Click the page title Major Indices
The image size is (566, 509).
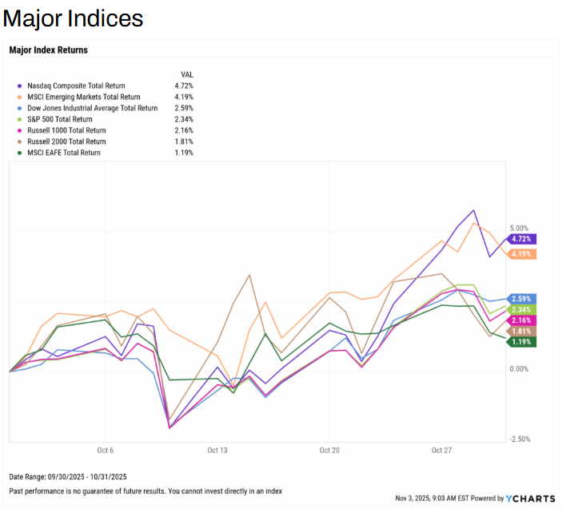pyautogui.click(x=73, y=18)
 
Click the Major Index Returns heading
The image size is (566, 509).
pyautogui.click(x=48, y=50)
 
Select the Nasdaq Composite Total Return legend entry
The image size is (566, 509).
pyautogui.click(x=75, y=85)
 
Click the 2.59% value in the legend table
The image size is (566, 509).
pyautogui.click(x=183, y=108)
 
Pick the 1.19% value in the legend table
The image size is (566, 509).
pyautogui.click(x=183, y=153)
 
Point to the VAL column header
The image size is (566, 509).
pyautogui.click(x=187, y=74)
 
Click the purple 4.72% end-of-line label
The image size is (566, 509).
pyautogui.click(x=520, y=239)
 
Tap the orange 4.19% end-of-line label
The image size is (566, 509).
pyautogui.click(x=520, y=254)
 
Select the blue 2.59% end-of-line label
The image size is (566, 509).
pyautogui.click(x=520, y=299)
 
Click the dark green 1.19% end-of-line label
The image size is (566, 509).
pyautogui.click(x=520, y=342)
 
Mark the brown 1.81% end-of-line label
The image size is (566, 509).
pyautogui.click(x=520, y=331)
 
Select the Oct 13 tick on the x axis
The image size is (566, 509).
pyautogui.click(x=217, y=451)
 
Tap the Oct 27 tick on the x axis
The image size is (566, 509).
pyautogui.click(x=441, y=451)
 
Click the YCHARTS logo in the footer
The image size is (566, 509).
pyautogui.click(x=529, y=498)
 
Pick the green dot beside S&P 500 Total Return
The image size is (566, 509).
pyautogui.click(x=18, y=119)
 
